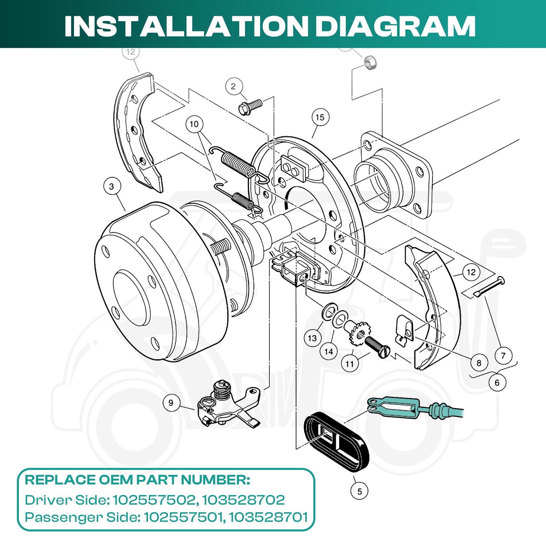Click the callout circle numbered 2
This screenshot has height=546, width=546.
point(234,87)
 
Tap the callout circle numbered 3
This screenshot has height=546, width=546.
point(112,187)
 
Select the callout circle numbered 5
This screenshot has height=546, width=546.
point(359,491)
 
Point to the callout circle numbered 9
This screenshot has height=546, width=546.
point(171,403)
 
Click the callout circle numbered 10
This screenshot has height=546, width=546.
point(194,124)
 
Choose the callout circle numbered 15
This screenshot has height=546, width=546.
point(320,117)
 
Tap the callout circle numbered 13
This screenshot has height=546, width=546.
point(312,338)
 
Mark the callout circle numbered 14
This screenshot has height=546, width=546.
point(329,351)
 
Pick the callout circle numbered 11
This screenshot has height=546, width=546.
point(350,364)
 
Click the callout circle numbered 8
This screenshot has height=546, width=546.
point(479,363)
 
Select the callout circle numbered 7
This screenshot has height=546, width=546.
point(503,356)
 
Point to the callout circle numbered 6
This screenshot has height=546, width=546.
point(497,383)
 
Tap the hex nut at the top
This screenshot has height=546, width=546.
point(370,62)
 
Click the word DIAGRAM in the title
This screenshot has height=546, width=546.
point(395,26)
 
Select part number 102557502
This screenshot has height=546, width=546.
point(154,500)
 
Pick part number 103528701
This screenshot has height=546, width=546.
point(268,517)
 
